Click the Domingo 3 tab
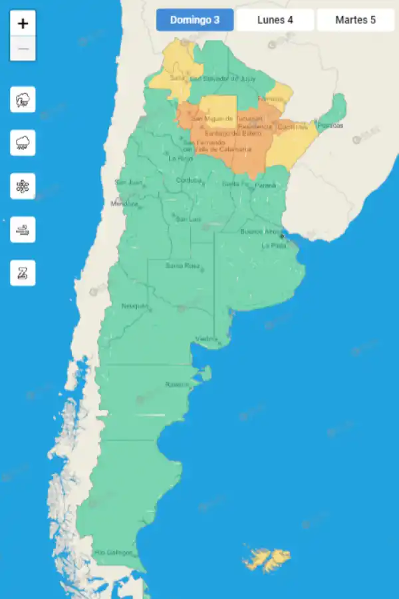pyautogui.click(x=195, y=20)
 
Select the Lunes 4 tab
pyautogui.click(x=275, y=20)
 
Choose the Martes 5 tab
pyautogui.click(x=355, y=20)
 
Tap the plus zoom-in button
pyautogui.click(x=23, y=24)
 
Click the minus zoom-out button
pyautogui.click(x=23, y=49)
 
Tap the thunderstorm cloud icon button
pyautogui.click(x=23, y=100)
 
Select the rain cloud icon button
pyautogui.click(x=23, y=143)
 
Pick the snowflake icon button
pyautogui.click(x=23, y=186)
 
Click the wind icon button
pyautogui.click(x=23, y=230)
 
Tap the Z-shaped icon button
pyautogui.click(x=23, y=273)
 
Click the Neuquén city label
pyautogui.click(x=134, y=306)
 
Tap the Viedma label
pyautogui.click(x=206, y=339)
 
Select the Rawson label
pyautogui.click(x=177, y=385)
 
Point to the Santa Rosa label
pyautogui.click(x=182, y=266)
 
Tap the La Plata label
pyautogui.click(x=274, y=246)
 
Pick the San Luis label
pyautogui.click(x=188, y=219)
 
